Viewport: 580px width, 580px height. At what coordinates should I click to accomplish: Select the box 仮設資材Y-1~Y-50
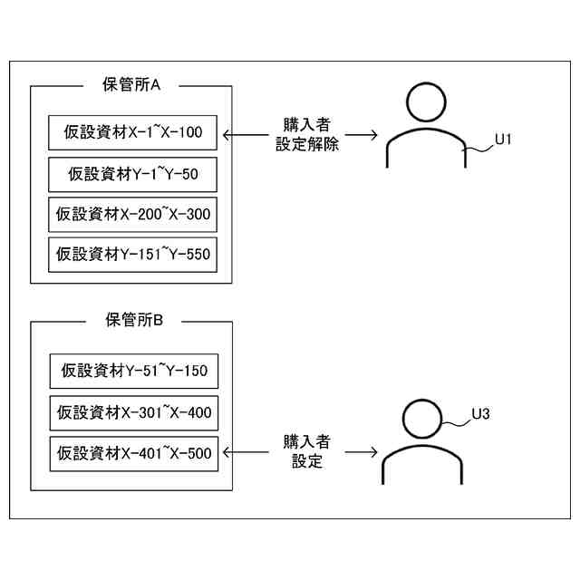point(132,173)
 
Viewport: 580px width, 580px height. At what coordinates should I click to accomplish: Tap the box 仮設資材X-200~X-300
point(132,214)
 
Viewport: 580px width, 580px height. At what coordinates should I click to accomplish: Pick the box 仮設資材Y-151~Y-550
point(132,254)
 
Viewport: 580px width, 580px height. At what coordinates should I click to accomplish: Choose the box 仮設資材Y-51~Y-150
point(132,370)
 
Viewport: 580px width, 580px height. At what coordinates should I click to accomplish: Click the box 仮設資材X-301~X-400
point(132,412)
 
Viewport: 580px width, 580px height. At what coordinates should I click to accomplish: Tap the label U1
point(504,140)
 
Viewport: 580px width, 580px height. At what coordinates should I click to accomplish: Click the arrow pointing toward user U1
point(362,136)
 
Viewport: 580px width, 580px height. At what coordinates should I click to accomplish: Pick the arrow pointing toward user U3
point(361,450)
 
